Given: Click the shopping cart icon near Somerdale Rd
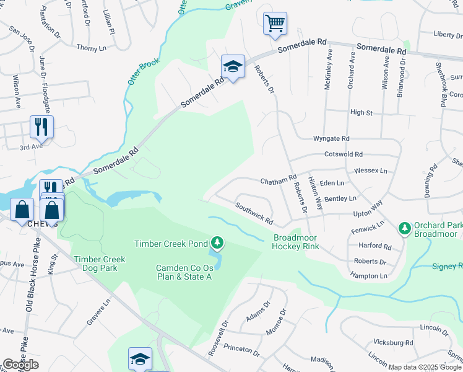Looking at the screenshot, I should pyautogui.click(x=275, y=24).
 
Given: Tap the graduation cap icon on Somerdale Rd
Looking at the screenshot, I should pyautogui.click(x=233, y=66).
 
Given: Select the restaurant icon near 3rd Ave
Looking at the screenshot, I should pyautogui.click(x=41, y=126).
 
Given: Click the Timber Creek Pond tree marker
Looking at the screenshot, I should pyautogui.click(x=217, y=242).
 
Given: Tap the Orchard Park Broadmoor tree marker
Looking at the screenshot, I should pyautogui.click(x=405, y=228).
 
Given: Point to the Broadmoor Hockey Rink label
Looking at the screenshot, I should pyautogui.click(x=296, y=242).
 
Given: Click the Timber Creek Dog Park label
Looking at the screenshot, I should pyautogui.click(x=99, y=263).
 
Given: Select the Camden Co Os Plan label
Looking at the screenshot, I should pyautogui.click(x=184, y=272).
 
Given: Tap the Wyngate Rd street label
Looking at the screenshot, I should pyautogui.click(x=331, y=138).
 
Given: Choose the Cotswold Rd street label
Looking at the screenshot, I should pyautogui.click(x=342, y=154).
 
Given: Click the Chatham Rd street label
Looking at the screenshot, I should pyautogui.click(x=279, y=181).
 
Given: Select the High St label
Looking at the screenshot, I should pyautogui.click(x=361, y=112).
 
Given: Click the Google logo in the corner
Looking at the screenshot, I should pyautogui.click(x=20, y=365).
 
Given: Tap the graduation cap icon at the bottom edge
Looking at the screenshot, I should pyautogui.click(x=140, y=358).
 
